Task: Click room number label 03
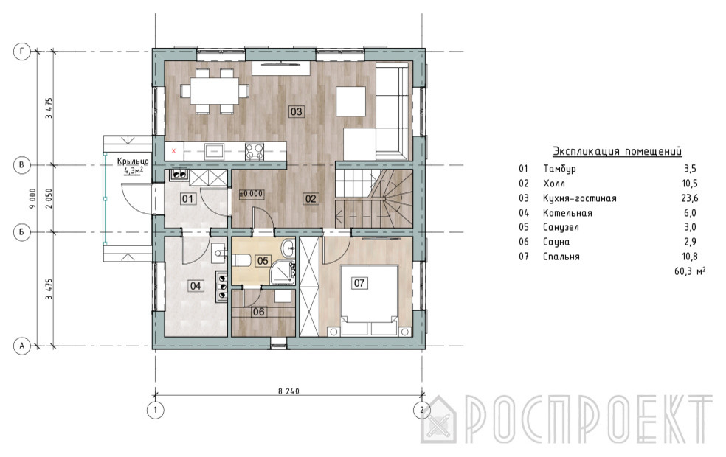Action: (x=296, y=111)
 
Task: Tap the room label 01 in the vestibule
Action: (x=187, y=199)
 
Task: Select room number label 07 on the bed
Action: (x=359, y=282)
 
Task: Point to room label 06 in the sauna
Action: (x=258, y=312)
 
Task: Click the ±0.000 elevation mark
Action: (x=251, y=195)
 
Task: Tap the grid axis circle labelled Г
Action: (x=21, y=52)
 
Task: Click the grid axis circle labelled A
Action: (x=21, y=346)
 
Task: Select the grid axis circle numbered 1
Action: (x=155, y=410)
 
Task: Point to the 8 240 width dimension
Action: (x=288, y=391)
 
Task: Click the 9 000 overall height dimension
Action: (x=32, y=198)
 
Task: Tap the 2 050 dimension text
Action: (x=49, y=198)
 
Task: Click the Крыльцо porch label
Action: (x=133, y=161)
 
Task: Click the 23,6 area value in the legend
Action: (x=690, y=198)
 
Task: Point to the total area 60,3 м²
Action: (x=690, y=271)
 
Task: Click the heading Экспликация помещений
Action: (x=618, y=151)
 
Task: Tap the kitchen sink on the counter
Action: (x=215, y=151)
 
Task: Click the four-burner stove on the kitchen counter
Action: (x=255, y=151)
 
